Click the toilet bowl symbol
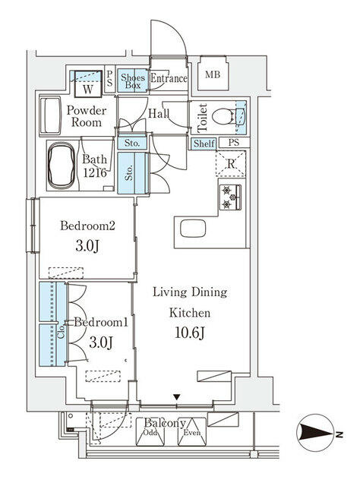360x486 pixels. click(x=225, y=117)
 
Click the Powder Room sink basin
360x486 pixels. click(x=53, y=115)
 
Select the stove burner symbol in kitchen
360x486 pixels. click(x=231, y=197)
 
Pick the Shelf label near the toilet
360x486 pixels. click(x=204, y=144)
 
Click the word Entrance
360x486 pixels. click(x=168, y=78)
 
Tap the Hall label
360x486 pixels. click(x=159, y=114)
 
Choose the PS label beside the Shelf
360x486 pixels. click(x=233, y=143)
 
